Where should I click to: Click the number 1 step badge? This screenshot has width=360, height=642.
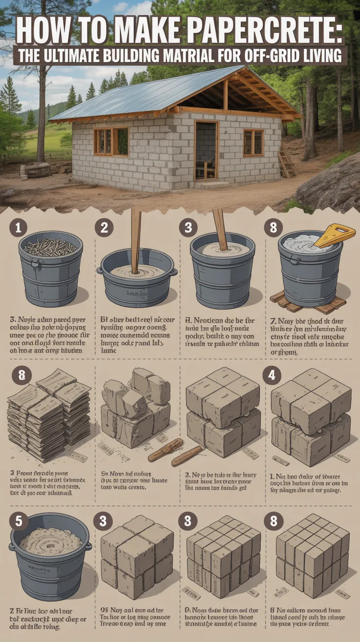click(x=18, y=228)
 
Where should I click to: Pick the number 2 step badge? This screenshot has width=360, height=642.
click(x=104, y=228)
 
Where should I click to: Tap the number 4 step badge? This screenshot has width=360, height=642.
click(x=272, y=376)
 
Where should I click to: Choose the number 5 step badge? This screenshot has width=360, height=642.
click(x=18, y=522)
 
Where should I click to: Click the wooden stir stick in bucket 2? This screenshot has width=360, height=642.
click(x=135, y=240)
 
